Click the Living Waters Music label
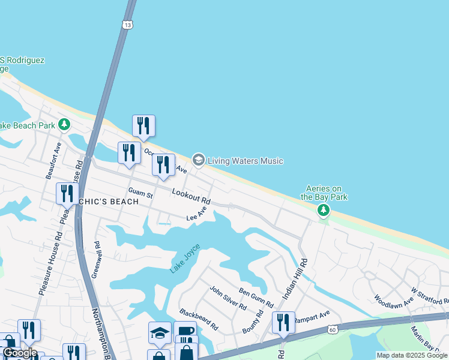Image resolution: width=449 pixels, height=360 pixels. [x=245, y=161]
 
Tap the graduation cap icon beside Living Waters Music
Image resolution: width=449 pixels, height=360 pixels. [x=198, y=160]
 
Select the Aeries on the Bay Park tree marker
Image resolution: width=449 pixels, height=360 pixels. [x=324, y=210]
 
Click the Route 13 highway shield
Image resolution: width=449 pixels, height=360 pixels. [x=127, y=25]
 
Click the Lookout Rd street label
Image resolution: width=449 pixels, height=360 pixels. [x=191, y=196]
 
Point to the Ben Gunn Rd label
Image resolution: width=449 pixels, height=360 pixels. [x=256, y=295]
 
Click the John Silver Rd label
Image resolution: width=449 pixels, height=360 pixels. [x=228, y=298]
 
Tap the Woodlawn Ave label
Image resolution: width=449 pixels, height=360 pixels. [x=394, y=301]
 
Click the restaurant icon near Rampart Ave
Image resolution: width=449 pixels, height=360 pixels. [x=283, y=322]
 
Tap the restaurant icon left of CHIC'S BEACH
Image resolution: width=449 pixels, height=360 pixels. [x=67, y=193]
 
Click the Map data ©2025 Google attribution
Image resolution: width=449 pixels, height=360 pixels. [x=412, y=355]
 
